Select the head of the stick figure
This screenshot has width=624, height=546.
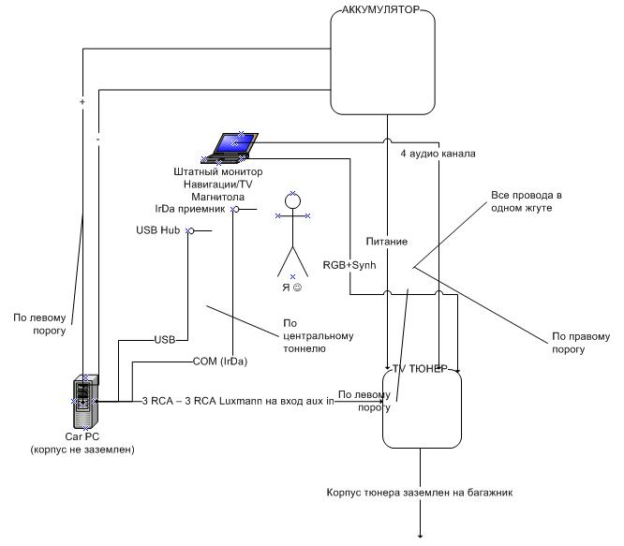coord(292,200)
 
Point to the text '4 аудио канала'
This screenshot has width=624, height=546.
coord(438,153)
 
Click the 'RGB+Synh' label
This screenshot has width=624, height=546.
coord(349,265)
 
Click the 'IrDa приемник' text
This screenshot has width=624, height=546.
coord(190,210)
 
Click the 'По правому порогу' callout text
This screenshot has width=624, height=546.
coord(580,343)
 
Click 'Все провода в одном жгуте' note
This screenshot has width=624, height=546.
coord(527,201)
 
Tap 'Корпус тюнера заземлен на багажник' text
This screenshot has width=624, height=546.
coord(419,492)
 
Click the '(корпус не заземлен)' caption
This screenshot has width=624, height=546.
coord(82,450)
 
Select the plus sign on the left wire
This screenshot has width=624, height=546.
coord(82,100)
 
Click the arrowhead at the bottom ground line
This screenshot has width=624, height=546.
coord(421,535)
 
